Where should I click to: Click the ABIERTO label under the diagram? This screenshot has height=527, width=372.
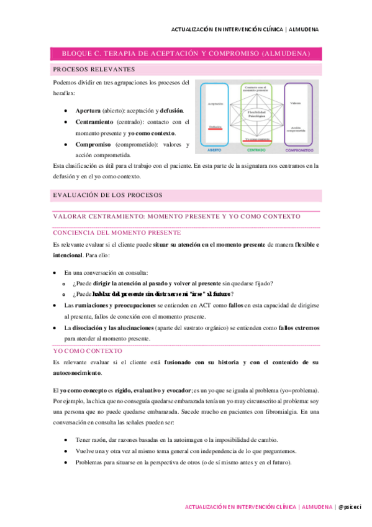[x=214, y=150]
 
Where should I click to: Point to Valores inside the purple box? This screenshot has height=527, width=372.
[x=296, y=103]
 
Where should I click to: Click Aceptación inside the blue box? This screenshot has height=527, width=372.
[x=215, y=103]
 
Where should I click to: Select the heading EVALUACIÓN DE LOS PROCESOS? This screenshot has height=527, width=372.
[x=107, y=195]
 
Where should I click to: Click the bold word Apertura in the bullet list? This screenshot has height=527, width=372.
[x=87, y=110]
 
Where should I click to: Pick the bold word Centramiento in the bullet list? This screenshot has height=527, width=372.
[x=95, y=122]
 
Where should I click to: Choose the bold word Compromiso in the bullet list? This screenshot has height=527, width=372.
[x=93, y=144]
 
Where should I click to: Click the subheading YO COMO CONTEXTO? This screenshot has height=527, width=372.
[x=87, y=351]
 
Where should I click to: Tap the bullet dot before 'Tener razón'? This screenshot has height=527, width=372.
[x=66, y=440]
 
